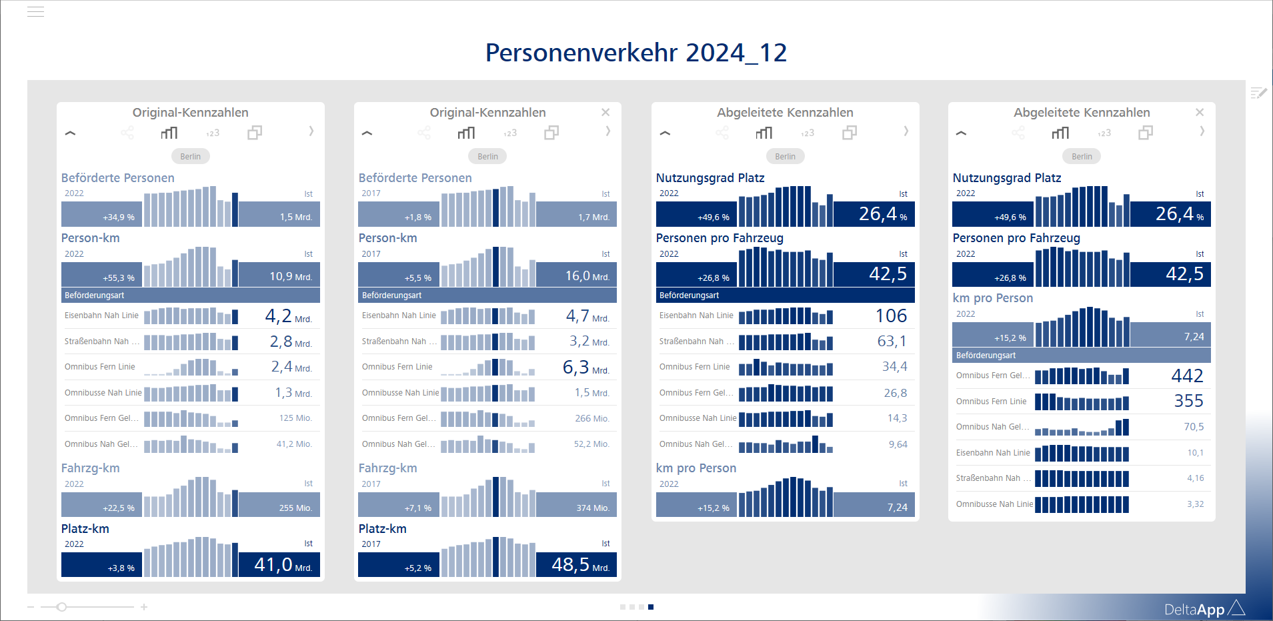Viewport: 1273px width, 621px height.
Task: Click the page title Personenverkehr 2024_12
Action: (x=635, y=53)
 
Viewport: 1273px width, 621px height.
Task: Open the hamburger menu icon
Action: (x=35, y=11)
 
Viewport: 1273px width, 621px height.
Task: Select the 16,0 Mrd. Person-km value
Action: (x=587, y=276)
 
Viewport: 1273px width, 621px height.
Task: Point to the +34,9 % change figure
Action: (x=119, y=217)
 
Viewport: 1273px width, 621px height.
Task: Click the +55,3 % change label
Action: (x=119, y=277)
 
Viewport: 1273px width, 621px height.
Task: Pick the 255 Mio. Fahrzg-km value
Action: (x=295, y=508)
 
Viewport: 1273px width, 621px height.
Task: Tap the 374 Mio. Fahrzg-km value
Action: (x=592, y=508)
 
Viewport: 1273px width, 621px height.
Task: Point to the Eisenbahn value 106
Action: (x=891, y=316)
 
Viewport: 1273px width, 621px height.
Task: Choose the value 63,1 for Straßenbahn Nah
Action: (x=892, y=342)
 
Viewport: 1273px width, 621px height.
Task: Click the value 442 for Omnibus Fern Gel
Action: (x=1187, y=376)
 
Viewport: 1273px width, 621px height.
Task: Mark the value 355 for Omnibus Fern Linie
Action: (x=1188, y=401)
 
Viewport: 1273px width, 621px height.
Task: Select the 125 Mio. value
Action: (x=295, y=418)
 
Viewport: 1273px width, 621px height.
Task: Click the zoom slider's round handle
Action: (x=61, y=607)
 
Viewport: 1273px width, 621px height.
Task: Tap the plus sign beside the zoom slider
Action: (x=144, y=607)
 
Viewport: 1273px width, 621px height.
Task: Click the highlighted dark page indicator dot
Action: (x=651, y=607)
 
